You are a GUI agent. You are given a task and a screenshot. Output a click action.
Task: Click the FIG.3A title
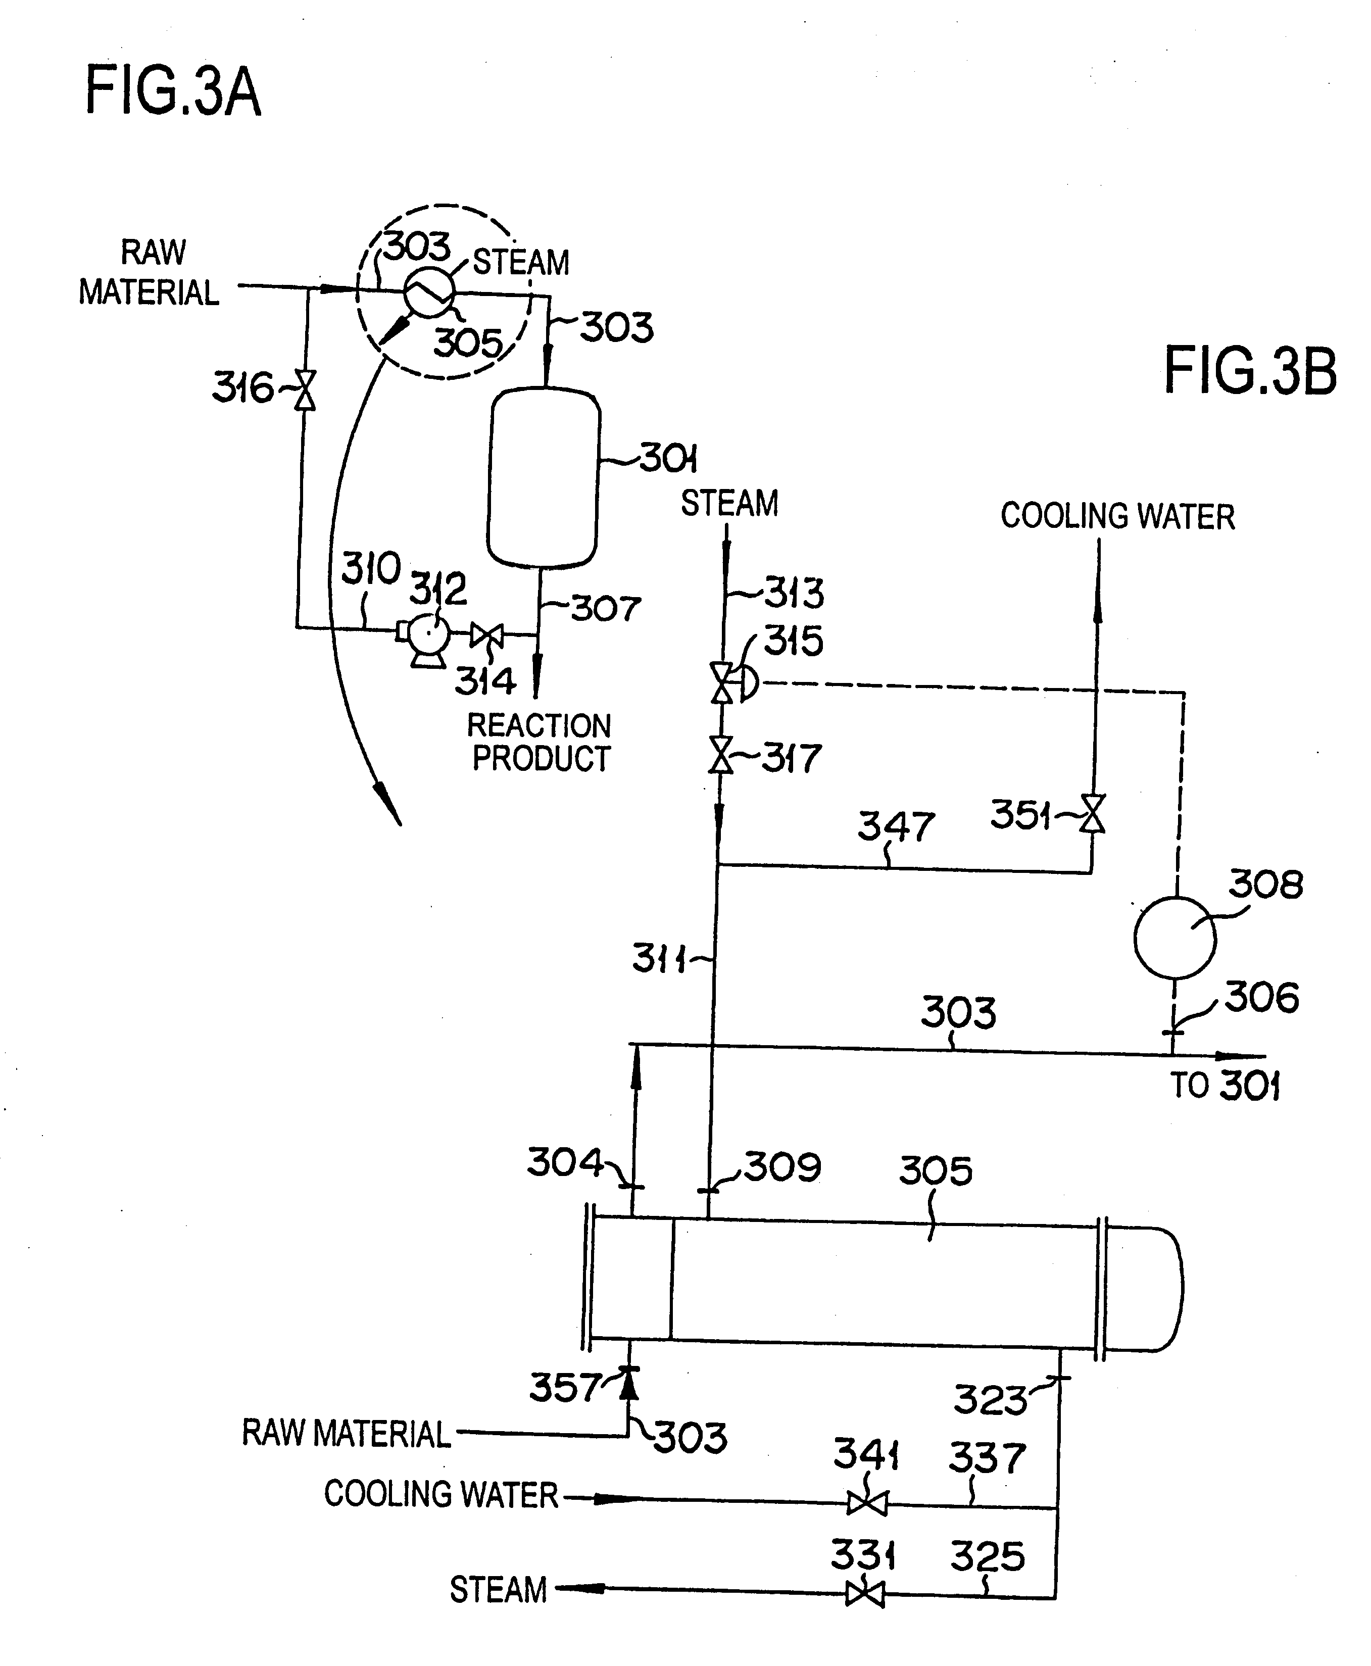pos(172,92)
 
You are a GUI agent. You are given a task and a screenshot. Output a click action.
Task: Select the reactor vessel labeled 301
pos(544,478)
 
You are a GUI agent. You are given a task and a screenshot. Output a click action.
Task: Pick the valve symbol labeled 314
pos(486,634)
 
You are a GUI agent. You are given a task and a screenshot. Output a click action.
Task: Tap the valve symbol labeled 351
pos(1094,813)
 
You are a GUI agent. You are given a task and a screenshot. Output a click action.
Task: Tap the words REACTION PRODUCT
pos(540,742)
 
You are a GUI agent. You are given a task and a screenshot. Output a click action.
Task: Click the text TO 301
pos(1224,1085)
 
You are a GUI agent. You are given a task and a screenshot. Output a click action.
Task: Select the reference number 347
pos(896,826)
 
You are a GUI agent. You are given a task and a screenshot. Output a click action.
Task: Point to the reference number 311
pos(659,959)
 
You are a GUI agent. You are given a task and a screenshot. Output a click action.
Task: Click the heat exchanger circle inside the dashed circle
pos(429,292)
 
